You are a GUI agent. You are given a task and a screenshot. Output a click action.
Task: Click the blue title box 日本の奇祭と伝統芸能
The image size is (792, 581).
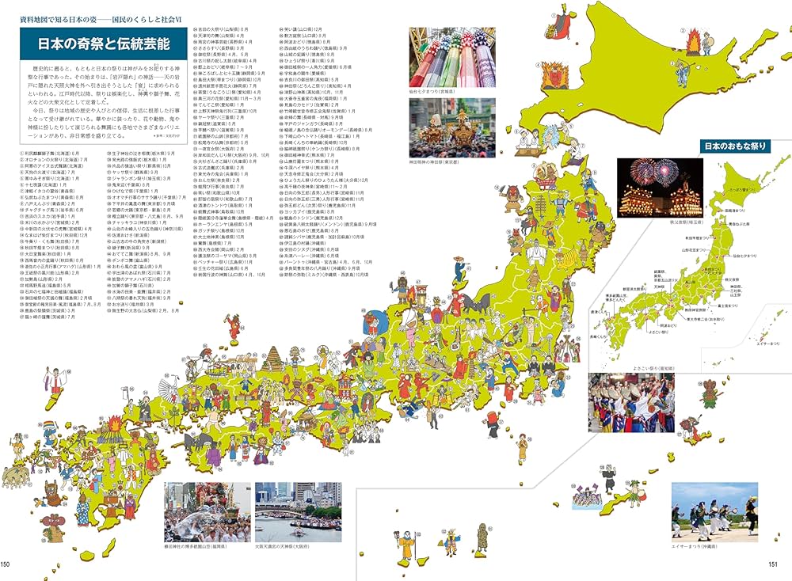[x=100, y=40]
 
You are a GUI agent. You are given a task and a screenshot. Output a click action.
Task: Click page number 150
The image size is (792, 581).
[x=6, y=564]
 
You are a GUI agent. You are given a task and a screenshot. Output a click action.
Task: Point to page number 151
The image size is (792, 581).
[x=776, y=564]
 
